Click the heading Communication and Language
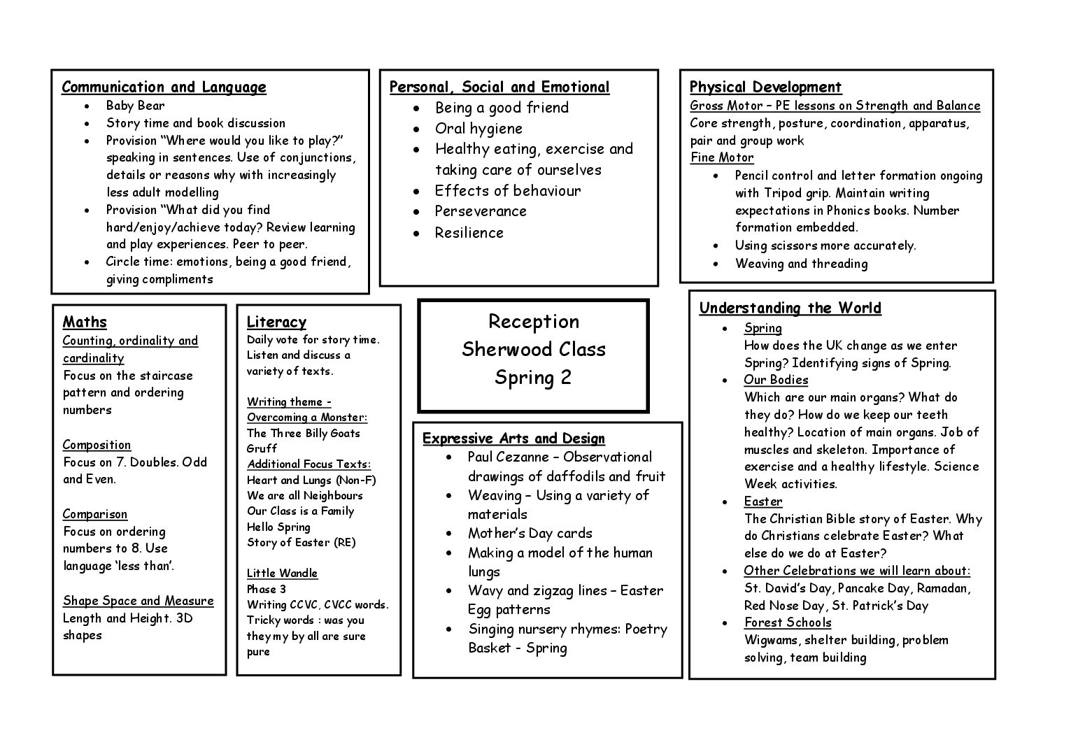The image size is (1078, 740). click(164, 87)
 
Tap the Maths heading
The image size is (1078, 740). click(85, 322)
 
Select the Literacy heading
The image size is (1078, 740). click(276, 322)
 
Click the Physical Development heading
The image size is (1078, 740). click(765, 87)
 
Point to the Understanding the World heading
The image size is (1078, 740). click(790, 308)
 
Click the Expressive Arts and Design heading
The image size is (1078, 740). click(513, 439)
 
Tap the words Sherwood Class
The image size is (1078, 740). click(533, 350)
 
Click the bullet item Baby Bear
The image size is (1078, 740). click(135, 106)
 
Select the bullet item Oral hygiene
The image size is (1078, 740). click(478, 129)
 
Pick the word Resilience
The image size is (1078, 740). click(469, 233)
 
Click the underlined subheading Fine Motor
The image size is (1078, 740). click(722, 158)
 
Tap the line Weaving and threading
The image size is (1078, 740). click(801, 264)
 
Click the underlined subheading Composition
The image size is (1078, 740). click(97, 445)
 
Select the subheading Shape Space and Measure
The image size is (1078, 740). click(138, 601)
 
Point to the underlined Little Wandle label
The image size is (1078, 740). click(282, 574)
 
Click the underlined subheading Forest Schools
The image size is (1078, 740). click(788, 623)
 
